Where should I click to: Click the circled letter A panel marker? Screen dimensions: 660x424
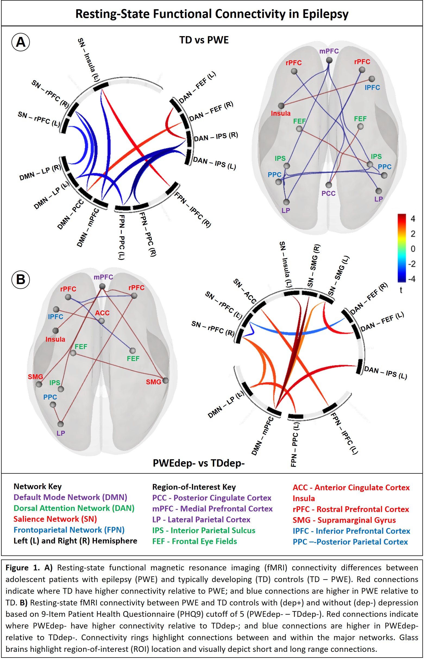click(21, 42)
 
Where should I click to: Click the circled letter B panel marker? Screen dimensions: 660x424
click(21, 279)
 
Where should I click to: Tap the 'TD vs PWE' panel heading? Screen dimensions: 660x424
click(204, 40)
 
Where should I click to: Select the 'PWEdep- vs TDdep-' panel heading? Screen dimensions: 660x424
click(199, 463)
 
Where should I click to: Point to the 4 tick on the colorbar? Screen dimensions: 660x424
click(413, 219)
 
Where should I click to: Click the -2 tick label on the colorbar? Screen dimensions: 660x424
click(412, 264)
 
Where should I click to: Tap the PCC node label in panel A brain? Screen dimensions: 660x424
click(328, 193)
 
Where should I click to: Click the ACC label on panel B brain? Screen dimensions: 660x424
click(102, 313)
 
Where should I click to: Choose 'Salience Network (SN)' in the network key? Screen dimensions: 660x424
click(55, 519)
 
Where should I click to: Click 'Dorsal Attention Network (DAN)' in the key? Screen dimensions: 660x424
click(74, 508)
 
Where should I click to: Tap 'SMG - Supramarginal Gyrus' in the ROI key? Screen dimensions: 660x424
click(344, 520)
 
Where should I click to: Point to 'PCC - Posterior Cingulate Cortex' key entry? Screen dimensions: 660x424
click(212, 498)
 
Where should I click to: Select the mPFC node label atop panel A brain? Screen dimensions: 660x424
click(329, 51)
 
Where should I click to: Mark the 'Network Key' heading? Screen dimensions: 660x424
click(37, 486)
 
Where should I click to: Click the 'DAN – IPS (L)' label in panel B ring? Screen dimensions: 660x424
click(385, 373)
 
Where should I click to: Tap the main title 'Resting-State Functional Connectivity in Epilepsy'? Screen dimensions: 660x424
click(212, 14)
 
